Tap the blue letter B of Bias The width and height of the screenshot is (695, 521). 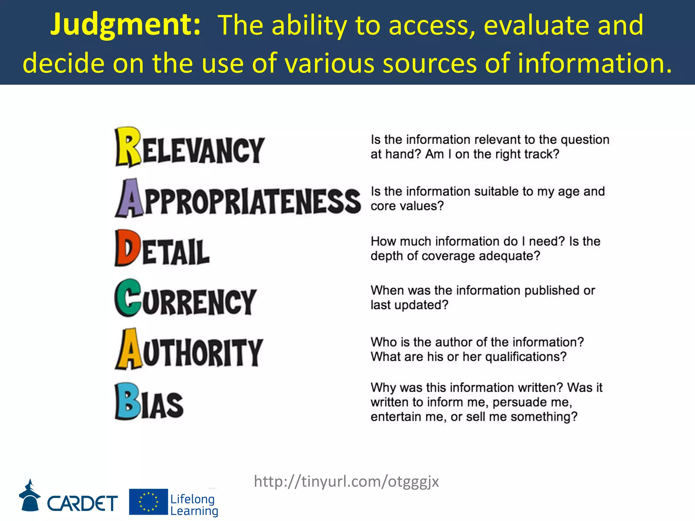(x=127, y=401)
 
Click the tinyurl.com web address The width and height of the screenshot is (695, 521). (x=346, y=481)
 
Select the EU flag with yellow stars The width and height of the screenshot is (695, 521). (x=148, y=502)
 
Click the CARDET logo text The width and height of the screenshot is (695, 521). (x=82, y=503)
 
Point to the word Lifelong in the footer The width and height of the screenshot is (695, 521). (x=192, y=499)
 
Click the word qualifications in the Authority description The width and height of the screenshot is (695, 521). (x=526, y=357)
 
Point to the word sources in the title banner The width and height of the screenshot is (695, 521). (x=430, y=63)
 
